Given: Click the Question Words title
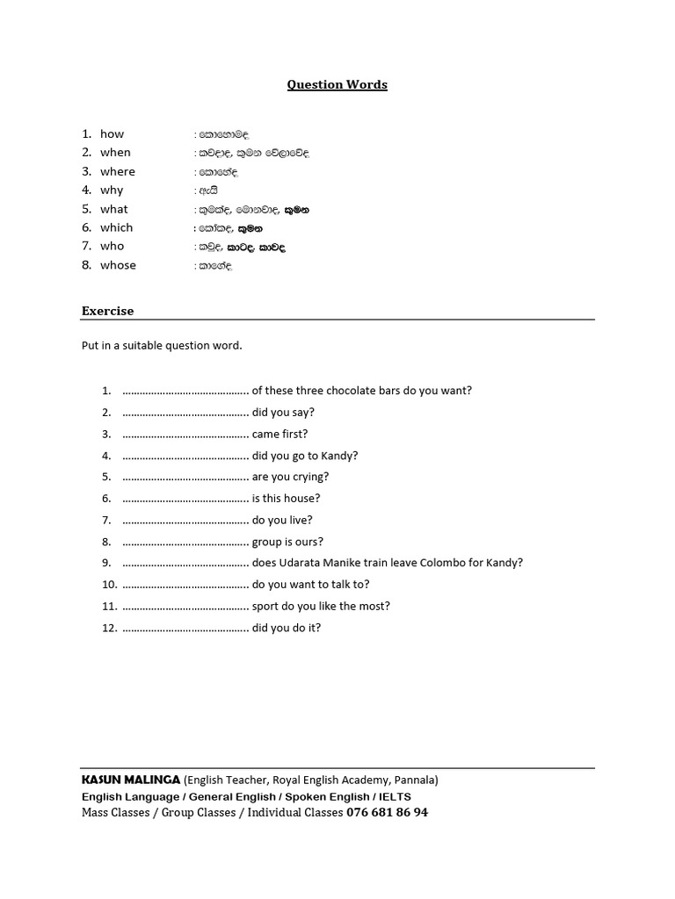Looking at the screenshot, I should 337,85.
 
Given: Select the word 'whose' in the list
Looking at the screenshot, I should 118,265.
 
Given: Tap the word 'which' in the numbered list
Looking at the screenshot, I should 117,227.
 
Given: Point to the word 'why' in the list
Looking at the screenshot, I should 112,191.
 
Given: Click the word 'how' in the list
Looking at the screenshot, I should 112,134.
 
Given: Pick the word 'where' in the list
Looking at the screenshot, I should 118,172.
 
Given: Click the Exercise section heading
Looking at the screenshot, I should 107,311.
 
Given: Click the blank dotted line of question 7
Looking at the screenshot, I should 185,521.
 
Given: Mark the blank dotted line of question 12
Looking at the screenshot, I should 185,628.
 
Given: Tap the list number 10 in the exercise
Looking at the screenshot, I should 109,585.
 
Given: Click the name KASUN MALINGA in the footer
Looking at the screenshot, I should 131,780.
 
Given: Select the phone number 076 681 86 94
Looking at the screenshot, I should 388,813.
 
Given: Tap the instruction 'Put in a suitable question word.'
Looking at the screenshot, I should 162,346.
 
